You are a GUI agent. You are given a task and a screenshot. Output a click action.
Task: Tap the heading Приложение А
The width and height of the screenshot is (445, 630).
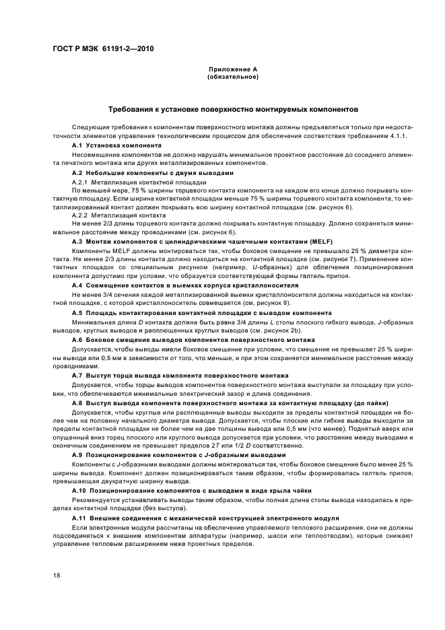point(233,70)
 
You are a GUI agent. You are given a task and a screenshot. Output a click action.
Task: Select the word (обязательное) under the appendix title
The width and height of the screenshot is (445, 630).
point(233,77)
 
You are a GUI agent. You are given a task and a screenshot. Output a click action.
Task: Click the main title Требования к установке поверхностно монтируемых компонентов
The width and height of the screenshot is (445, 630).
point(233,109)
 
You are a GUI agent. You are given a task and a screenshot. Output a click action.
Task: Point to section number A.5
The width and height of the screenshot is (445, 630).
point(77,313)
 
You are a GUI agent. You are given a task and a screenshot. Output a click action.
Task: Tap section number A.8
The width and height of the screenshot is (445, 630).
point(77,402)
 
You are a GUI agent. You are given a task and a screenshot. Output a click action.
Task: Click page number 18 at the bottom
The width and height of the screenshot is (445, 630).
point(58,575)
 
